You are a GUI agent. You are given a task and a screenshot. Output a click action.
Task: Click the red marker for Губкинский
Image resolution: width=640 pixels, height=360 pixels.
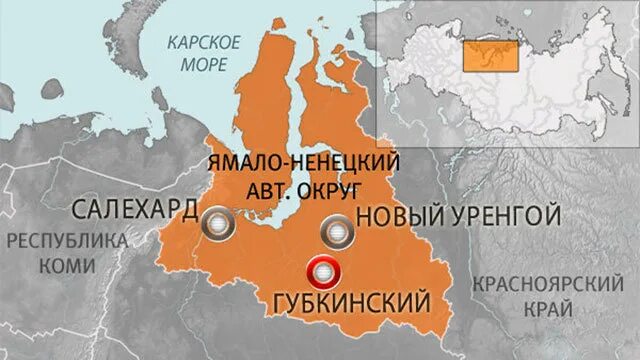[325, 270]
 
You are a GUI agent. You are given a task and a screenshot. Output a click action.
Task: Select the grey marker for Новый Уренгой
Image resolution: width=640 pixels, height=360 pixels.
[337, 233]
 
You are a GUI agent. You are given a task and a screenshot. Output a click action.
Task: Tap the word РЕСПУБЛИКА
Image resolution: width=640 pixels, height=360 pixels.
[67, 241]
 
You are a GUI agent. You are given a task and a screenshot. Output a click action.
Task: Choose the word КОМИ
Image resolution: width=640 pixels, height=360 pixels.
[67, 265]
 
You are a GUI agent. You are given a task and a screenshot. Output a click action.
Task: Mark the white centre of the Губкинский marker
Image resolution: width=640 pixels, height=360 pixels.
[325, 270]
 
